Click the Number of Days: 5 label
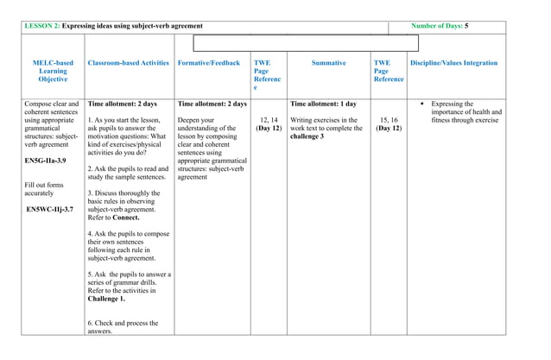click(440, 27)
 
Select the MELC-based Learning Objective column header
click(53, 71)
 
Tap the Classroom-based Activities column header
click(129, 63)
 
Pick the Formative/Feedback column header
click(208, 63)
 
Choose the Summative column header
click(328, 63)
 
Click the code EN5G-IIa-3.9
click(46, 161)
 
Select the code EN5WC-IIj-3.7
click(50, 209)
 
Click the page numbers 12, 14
click(269, 120)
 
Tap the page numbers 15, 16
click(388, 120)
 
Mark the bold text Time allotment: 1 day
click(324, 104)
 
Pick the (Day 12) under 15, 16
click(388, 129)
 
